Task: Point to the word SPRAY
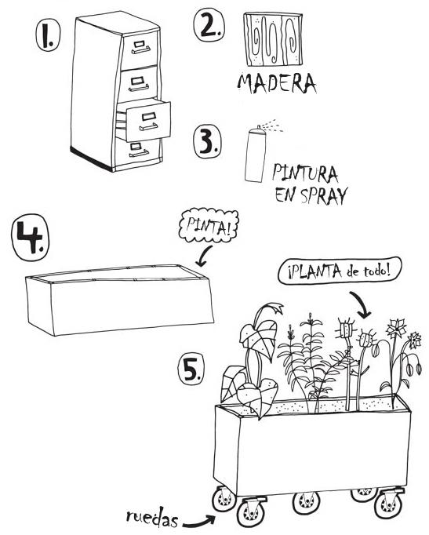coord(323,196)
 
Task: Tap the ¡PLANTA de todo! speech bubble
coord(344,272)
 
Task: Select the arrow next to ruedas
coord(201,518)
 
